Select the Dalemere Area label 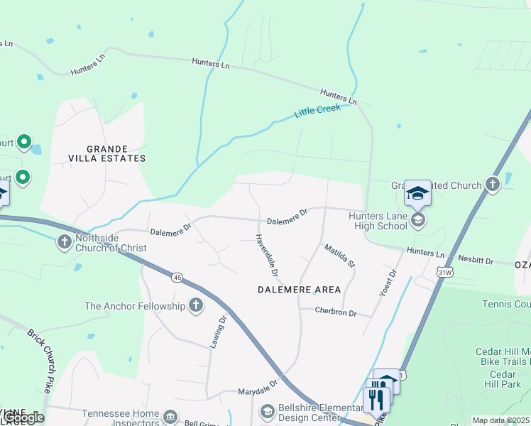click(298, 290)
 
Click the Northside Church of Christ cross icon click(64, 242)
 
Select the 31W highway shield click(445, 272)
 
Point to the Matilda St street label click(339, 255)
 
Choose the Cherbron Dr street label click(336, 312)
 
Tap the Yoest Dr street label click(389, 283)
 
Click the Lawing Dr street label click(217, 332)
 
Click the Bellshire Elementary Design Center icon click(267, 411)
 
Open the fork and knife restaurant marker click(376, 400)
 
